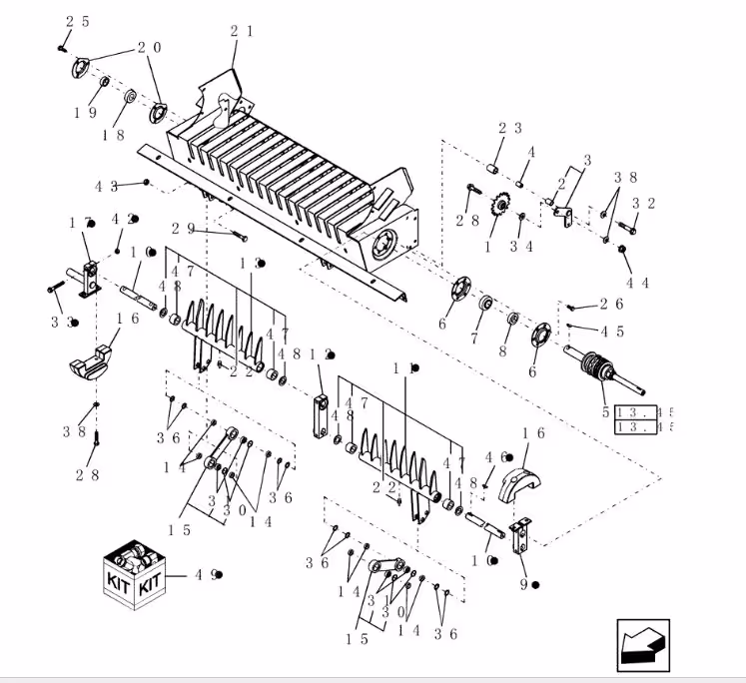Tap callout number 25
pos(78,22)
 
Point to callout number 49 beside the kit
pos(207,575)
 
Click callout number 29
pos(183,229)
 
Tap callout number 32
pos(643,204)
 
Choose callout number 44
pos(637,283)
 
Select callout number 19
pos(85,113)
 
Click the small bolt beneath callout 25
pos(62,46)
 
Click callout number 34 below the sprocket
pos(520,246)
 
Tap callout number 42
pos(125,219)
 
